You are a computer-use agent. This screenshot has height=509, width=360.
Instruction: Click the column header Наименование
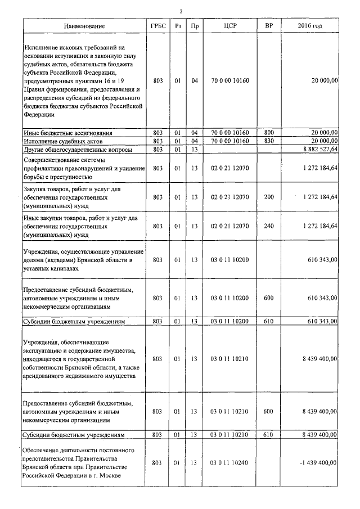[84, 26]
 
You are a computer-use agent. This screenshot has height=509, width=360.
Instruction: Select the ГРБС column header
[158, 26]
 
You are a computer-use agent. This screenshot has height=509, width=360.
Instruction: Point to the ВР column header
[268, 26]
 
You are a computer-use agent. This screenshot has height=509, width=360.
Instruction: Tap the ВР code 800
[268, 133]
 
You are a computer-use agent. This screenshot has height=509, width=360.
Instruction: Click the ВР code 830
[268, 141]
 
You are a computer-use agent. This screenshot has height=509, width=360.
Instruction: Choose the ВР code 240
[268, 226]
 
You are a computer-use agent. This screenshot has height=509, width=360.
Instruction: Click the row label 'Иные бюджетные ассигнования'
[67, 133]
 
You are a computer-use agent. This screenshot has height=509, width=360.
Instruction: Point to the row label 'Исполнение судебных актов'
[64, 141]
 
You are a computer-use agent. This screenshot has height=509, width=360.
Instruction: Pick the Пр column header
[195, 26]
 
